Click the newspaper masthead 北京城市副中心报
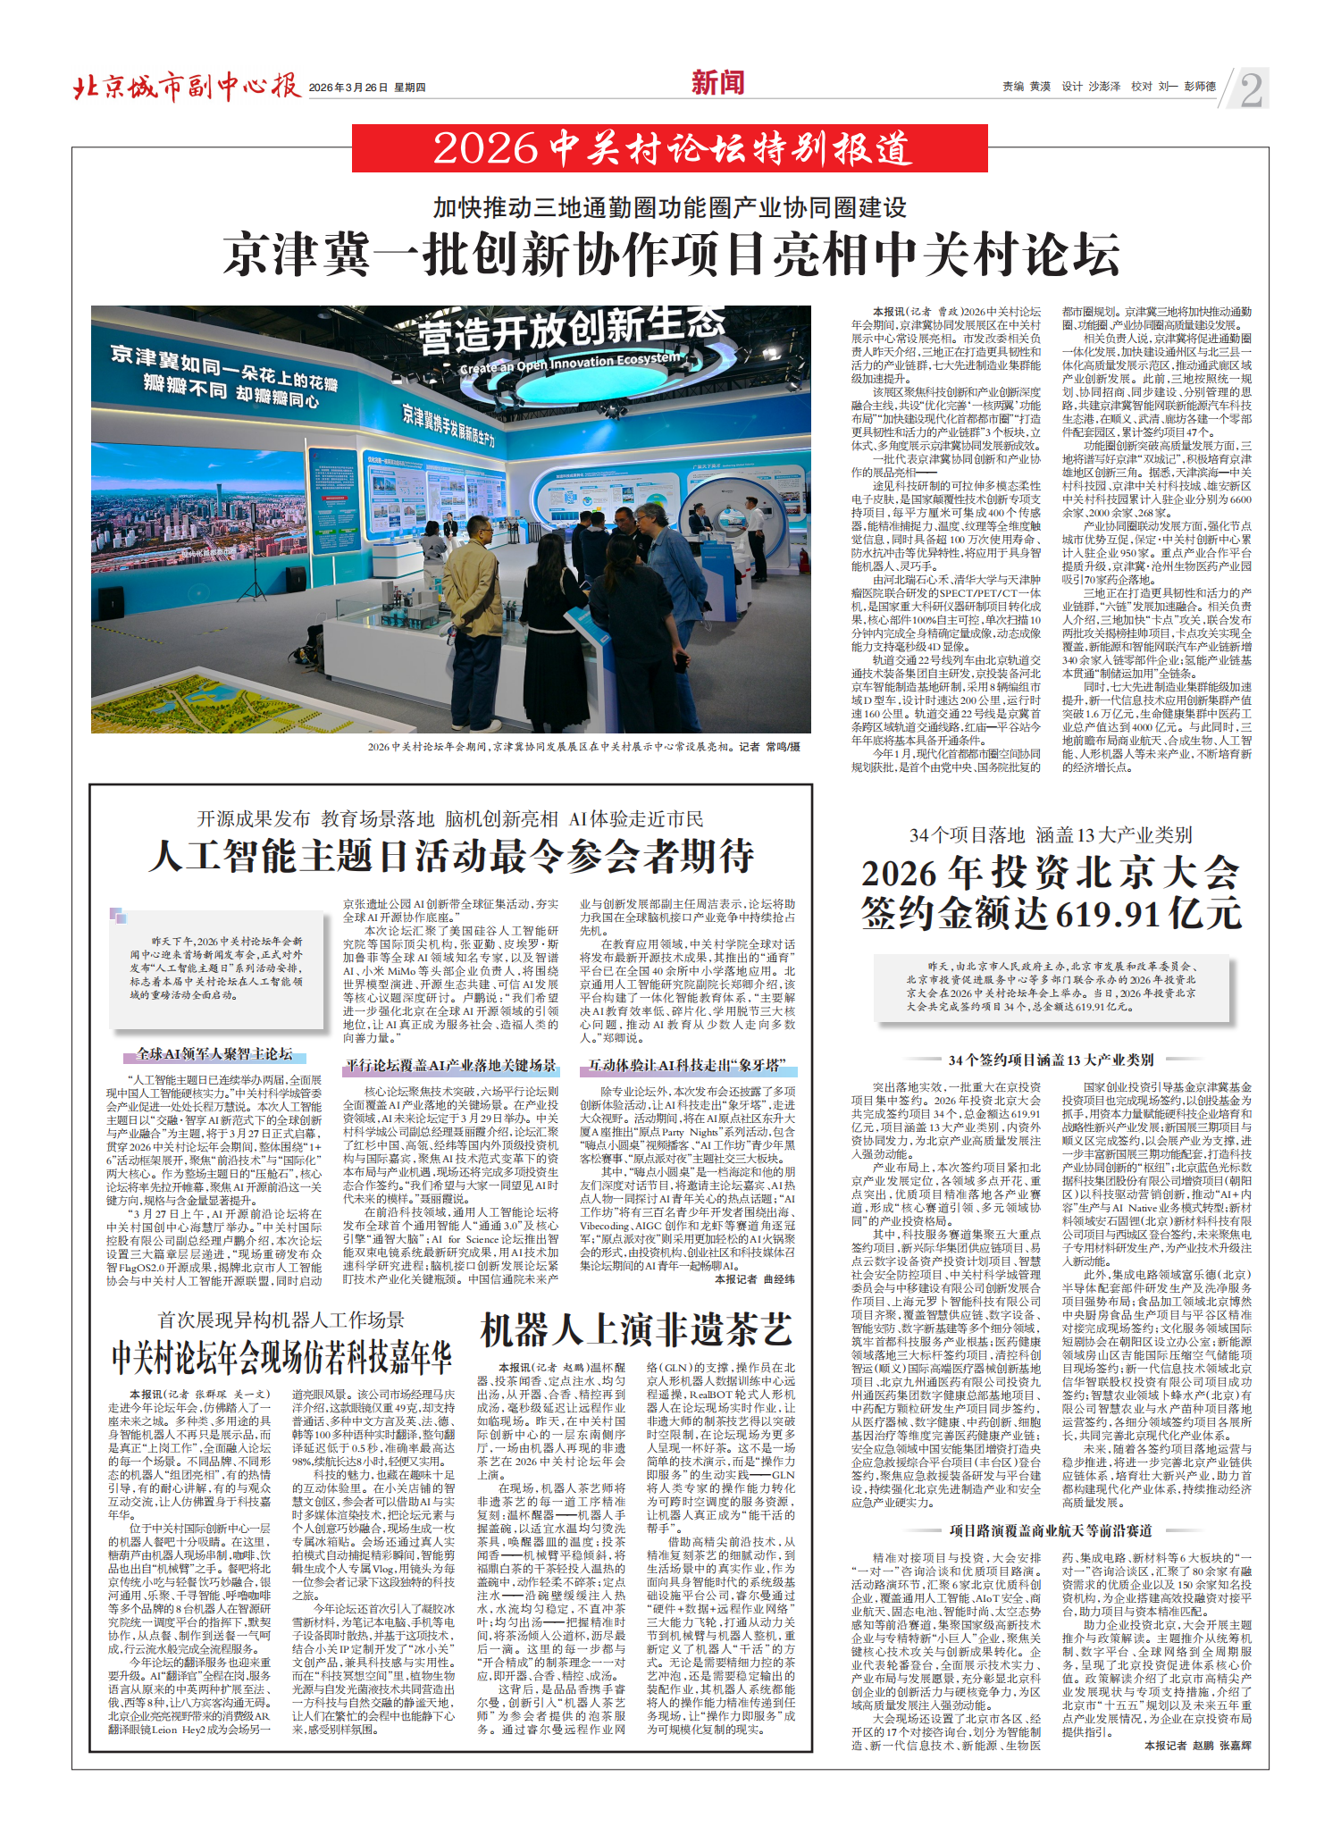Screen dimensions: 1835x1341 tap(186, 87)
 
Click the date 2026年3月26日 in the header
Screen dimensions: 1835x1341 tap(348, 88)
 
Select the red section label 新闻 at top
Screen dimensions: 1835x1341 tap(717, 83)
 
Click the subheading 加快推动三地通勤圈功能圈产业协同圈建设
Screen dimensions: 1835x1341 tap(670, 208)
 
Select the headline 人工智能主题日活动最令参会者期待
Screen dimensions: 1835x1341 tap(451, 856)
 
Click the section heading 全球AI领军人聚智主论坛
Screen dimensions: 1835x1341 tap(214, 1054)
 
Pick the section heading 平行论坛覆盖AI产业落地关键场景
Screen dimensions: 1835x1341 tap(451, 1066)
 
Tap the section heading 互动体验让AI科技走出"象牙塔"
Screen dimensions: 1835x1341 tap(686, 1066)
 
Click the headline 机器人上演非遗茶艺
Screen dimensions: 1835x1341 tap(636, 1330)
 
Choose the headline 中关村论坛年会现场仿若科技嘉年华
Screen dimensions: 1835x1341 tap(281, 1358)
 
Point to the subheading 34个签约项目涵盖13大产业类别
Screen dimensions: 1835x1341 tap(1051, 1060)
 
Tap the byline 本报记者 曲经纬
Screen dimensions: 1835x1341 tap(754, 1279)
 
